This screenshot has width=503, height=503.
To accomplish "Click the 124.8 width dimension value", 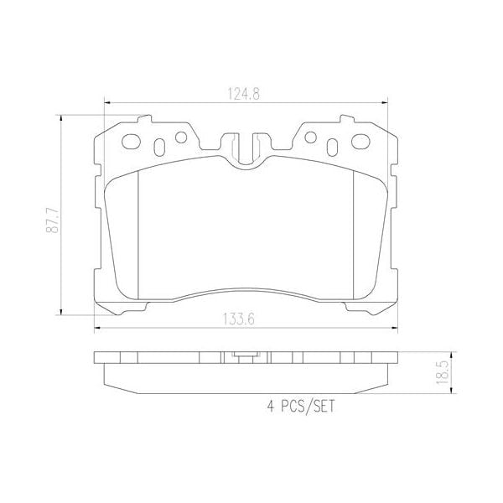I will click(242, 95).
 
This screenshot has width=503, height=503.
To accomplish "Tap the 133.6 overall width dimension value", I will click(242, 317).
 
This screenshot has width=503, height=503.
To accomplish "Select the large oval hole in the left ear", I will click(131, 142).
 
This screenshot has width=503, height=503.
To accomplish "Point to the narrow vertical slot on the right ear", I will click(334, 147).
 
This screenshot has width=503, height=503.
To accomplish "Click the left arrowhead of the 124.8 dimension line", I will click(106, 104).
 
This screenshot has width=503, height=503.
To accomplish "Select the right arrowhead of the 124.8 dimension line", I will click(383, 104).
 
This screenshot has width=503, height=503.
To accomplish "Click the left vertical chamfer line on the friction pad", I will click(136, 227).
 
